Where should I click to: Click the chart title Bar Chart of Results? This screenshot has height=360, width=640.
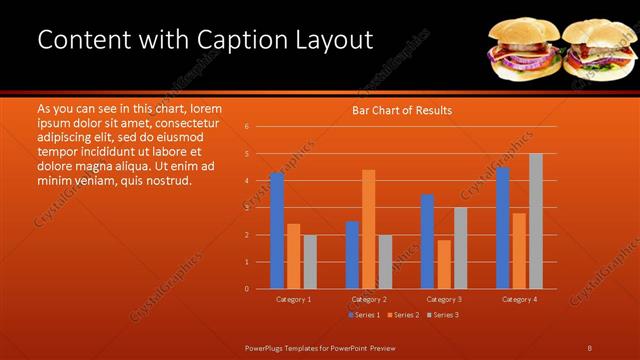[x=402, y=110]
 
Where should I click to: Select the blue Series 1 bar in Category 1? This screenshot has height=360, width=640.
[x=277, y=231]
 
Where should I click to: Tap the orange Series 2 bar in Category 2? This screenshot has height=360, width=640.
[x=369, y=229]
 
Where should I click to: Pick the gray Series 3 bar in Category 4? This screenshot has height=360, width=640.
[x=536, y=221]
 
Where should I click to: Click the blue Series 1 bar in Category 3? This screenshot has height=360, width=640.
[x=427, y=241]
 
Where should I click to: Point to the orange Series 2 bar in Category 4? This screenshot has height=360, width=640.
[x=519, y=251]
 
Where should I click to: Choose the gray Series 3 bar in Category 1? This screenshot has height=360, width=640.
[x=310, y=262]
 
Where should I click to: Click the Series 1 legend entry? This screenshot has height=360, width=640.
[x=365, y=315]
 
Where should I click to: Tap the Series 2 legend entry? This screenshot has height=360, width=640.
[x=403, y=315]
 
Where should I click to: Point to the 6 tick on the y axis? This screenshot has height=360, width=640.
[x=247, y=127]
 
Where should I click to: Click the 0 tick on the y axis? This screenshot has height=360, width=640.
[x=247, y=289]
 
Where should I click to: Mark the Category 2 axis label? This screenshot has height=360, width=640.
[x=369, y=299]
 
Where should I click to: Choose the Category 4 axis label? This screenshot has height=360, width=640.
[x=519, y=299]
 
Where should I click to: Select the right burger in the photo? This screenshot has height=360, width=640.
[x=597, y=50]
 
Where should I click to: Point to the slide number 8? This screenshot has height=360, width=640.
[x=590, y=347]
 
